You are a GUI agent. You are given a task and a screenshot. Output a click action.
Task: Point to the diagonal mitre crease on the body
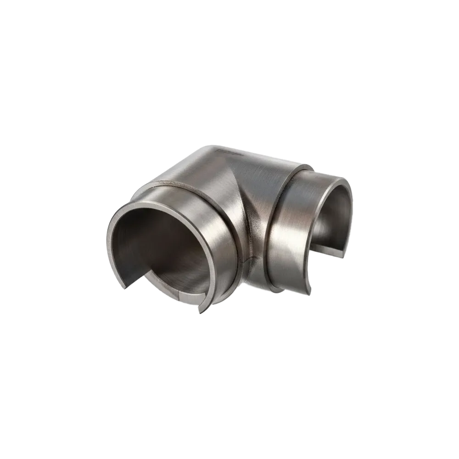246,193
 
